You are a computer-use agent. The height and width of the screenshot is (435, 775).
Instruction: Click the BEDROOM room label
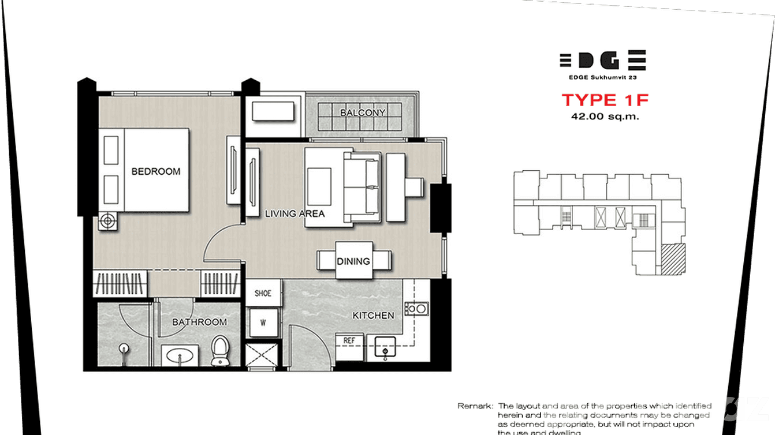(x=155, y=171)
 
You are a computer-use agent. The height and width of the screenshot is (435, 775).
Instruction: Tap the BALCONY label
(x=363, y=112)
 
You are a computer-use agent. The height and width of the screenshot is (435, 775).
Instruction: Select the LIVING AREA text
(x=295, y=213)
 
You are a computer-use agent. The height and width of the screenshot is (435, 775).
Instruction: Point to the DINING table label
(x=353, y=261)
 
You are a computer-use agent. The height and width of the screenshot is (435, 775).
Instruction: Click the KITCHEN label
(x=374, y=316)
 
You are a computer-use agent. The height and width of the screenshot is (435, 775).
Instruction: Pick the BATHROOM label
(x=199, y=322)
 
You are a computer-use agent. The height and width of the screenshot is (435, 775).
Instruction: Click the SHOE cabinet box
(x=263, y=293)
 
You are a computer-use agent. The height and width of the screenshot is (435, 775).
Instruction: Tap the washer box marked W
(x=263, y=322)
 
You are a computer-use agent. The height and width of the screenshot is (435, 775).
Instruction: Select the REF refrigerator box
(x=349, y=341)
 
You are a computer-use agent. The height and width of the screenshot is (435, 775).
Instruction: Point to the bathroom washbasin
(x=180, y=356)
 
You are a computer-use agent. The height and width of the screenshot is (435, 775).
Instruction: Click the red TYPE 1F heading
(x=605, y=100)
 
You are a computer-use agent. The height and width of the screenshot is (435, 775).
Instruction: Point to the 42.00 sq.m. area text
(x=605, y=116)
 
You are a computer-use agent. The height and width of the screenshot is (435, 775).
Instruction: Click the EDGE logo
(x=602, y=60)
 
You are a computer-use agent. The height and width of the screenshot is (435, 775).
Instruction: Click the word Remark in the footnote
(x=475, y=406)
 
